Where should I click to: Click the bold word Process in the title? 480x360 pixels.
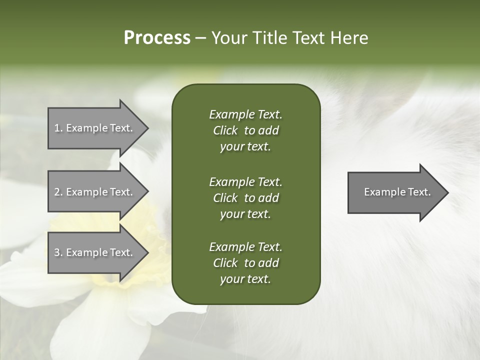click(157, 38)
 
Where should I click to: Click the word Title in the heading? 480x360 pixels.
click(269, 38)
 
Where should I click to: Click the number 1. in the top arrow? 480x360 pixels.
click(58, 128)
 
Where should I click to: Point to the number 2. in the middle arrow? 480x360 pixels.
click(58, 192)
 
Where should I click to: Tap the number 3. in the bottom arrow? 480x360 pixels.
click(58, 252)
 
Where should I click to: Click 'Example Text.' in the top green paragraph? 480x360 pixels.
click(245, 114)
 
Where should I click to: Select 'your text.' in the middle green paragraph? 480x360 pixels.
click(245, 214)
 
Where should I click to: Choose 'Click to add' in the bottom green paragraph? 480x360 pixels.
click(245, 263)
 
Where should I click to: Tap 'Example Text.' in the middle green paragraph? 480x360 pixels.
click(245, 182)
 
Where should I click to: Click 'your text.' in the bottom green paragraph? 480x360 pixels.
click(245, 279)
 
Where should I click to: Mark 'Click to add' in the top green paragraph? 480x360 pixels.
click(245, 130)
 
